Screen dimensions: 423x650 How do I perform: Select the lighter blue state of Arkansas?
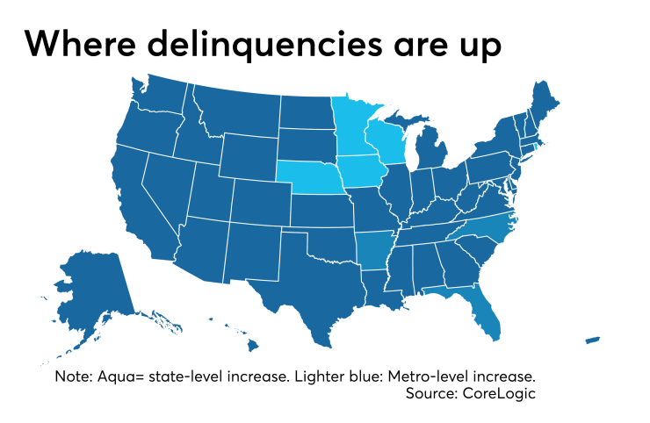click(375, 248)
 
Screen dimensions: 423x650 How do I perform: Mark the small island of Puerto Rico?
click(593, 340)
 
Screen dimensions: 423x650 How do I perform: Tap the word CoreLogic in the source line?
click(498, 393)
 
